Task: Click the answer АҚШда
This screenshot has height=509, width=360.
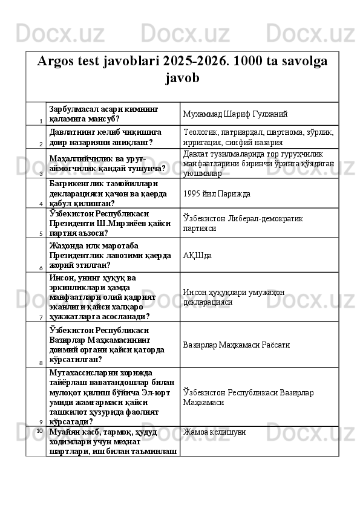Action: point(197,255)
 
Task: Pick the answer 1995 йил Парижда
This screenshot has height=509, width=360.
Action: point(217,193)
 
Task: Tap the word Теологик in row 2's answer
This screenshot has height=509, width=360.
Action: point(200,131)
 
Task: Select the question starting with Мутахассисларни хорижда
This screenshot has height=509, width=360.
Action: point(112,397)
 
